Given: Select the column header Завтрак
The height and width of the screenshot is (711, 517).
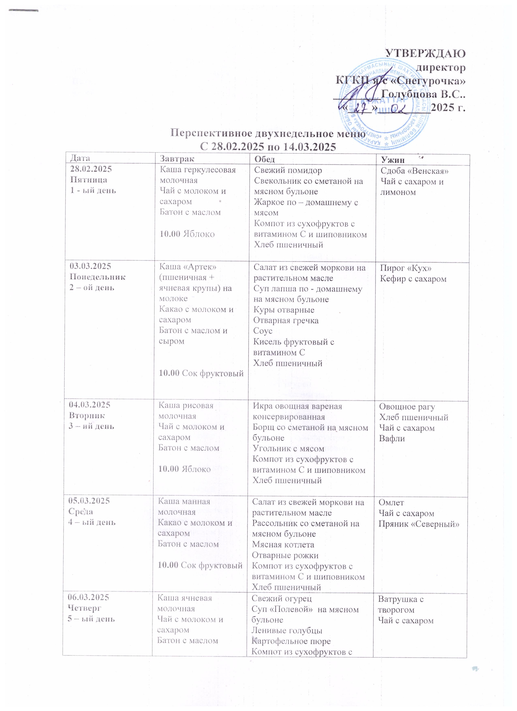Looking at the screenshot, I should [177, 159].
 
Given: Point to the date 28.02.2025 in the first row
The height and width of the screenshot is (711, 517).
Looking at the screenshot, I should [91, 169].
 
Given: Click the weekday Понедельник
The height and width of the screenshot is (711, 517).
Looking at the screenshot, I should [97, 277].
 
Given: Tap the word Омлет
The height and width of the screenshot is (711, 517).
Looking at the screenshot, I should [391, 503].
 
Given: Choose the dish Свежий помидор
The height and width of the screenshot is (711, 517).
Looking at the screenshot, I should [288, 171].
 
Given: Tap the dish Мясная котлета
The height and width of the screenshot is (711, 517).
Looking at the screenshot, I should [283, 544].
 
